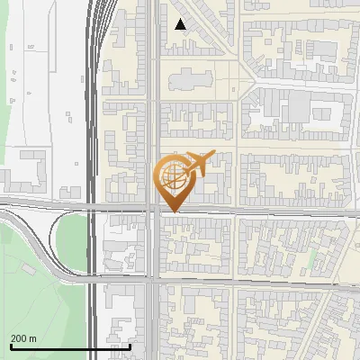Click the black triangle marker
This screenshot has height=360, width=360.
pyautogui.click(x=181, y=24)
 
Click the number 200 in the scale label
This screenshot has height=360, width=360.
pyautogui.click(x=19, y=338)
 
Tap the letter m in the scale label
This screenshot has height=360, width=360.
pyautogui.click(x=32, y=338)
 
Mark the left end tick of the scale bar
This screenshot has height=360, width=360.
pyautogui.click(x=10, y=346)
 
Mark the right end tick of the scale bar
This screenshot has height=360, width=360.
pyautogui.click(x=130, y=346)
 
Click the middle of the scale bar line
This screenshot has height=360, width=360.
pyautogui.click(x=70, y=346)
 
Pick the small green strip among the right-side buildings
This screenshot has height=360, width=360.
pyautogui.click(x=312, y=258)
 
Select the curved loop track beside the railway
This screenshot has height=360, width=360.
pyautogui.click(x=45, y=243)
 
